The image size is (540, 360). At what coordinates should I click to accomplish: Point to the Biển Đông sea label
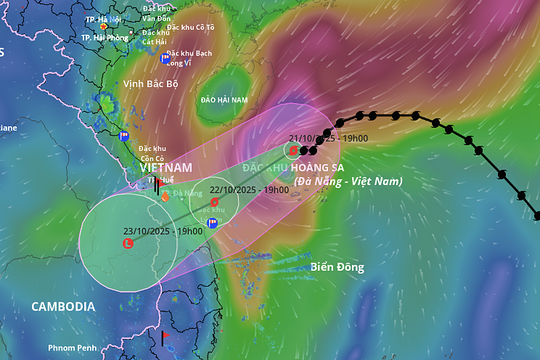click(337, 267)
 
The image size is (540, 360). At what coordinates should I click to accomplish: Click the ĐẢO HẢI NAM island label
click(223, 101)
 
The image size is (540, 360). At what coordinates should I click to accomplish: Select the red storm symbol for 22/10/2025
click(214, 202)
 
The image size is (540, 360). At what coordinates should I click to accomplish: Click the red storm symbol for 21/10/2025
click(293, 151)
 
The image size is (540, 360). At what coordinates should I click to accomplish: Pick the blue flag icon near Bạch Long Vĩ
click(163, 59)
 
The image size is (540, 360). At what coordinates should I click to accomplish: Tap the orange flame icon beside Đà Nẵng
click(165, 196)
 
